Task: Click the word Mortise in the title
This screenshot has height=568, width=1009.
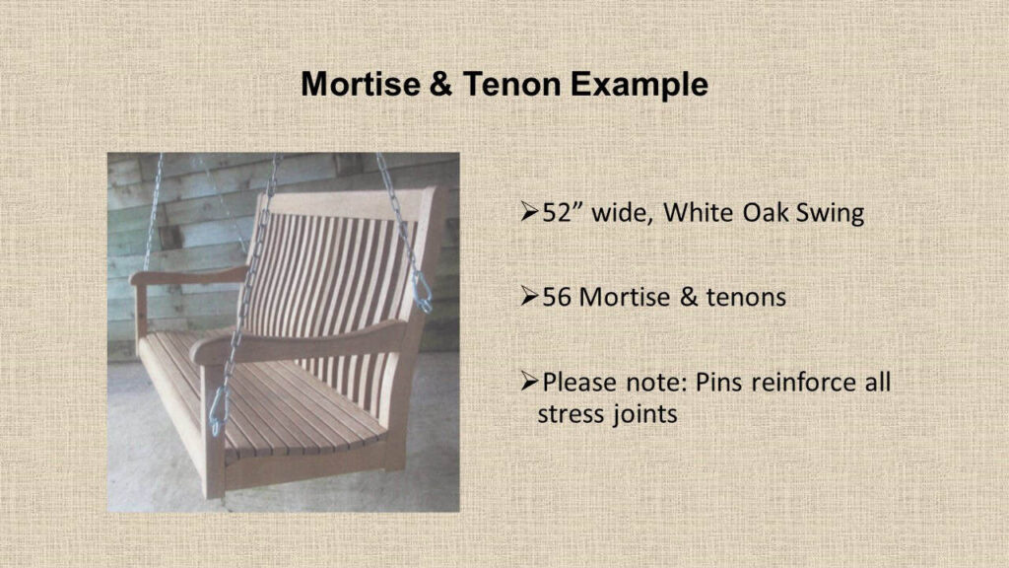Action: (x=361, y=85)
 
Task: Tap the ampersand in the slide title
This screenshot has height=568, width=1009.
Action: (x=440, y=85)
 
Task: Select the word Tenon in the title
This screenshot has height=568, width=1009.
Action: (x=511, y=85)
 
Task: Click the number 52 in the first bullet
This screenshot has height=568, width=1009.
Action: (x=557, y=213)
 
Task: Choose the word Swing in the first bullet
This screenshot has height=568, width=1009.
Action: (x=830, y=214)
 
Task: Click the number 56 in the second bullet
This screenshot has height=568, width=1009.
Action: (x=557, y=298)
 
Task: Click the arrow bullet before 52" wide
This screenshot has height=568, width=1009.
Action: (x=529, y=212)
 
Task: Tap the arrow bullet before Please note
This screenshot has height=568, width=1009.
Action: (x=529, y=382)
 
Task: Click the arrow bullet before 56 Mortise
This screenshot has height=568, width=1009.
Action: (x=529, y=296)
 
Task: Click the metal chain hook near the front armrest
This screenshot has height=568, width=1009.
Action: (x=218, y=411)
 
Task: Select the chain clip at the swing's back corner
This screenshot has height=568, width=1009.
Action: (x=422, y=293)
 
